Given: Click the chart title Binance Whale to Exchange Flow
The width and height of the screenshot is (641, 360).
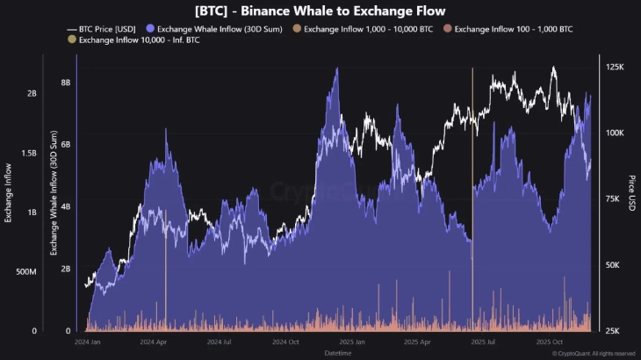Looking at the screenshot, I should pos(320,11).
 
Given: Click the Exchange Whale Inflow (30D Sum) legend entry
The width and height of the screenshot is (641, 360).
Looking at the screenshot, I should pos(220,28).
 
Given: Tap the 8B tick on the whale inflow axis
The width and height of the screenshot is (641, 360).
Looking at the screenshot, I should pos(65,83).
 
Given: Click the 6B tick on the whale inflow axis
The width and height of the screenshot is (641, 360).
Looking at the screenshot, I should pos(65,145).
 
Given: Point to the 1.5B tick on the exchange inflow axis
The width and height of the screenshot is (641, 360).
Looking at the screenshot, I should pos(28,153).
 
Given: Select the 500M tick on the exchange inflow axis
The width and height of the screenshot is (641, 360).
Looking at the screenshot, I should pos(25,272).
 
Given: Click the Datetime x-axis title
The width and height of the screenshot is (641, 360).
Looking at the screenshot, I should pos(338,352).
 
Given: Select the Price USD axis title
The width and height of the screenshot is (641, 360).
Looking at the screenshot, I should pos(631,193).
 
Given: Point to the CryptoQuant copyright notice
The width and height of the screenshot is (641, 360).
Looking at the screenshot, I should pos(594,354).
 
